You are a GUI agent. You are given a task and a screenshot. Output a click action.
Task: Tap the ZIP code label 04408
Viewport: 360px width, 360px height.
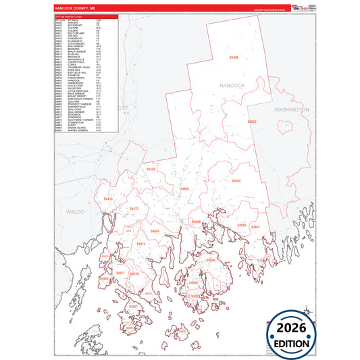[234, 59]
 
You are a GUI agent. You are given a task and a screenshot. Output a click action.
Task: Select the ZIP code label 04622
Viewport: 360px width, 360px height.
[252, 122]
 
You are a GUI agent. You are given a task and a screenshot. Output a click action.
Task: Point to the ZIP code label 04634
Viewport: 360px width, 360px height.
[236, 181]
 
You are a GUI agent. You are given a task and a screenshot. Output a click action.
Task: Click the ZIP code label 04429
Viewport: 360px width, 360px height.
[151, 169]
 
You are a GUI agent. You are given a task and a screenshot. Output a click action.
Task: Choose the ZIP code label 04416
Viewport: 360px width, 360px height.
[109, 199]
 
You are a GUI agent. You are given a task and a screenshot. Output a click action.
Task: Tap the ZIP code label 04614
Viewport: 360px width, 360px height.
[141, 243]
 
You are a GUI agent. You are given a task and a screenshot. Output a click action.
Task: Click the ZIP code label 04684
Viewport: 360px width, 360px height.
[155, 232]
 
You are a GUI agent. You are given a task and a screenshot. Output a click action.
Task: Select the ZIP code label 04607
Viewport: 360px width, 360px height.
[256, 228]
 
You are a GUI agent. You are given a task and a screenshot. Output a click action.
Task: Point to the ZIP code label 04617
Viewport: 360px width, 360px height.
[121, 273]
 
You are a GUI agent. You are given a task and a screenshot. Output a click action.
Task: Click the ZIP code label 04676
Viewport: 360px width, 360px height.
[134, 274]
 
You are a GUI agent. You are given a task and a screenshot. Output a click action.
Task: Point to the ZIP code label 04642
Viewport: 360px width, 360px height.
[105, 278]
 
